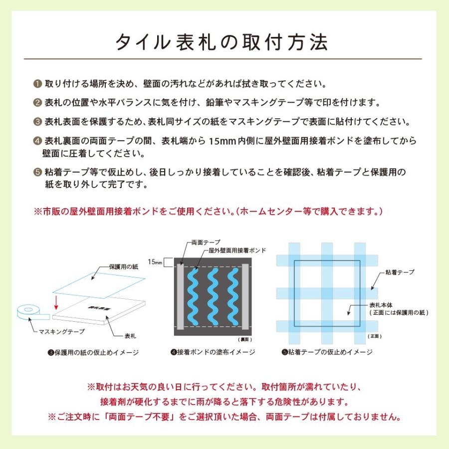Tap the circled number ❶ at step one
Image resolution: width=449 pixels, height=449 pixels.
38,83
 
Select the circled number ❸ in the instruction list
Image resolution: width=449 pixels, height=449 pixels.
38,122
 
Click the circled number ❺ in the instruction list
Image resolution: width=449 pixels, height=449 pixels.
38,173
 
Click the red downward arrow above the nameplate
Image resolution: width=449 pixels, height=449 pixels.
56,302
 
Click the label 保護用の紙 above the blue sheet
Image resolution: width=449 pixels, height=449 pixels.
123,267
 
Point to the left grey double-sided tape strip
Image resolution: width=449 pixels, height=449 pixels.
180,296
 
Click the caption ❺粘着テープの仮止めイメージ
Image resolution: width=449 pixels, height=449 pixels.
327,352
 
